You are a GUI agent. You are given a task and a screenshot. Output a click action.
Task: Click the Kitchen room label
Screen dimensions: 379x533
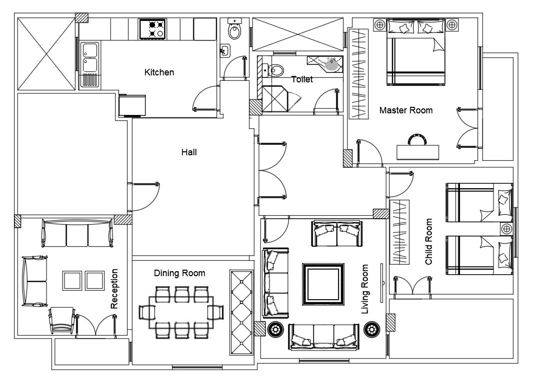pyautogui.click(x=159, y=72)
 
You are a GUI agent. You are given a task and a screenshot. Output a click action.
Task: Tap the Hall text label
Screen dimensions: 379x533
pyautogui.click(x=188, y=152)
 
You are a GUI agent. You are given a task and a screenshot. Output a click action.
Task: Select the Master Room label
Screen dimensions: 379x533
pyautogui.click(x=405, y=110)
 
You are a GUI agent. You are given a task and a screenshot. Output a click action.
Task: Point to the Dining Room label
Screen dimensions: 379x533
pyautogui.click(x=179, y=273)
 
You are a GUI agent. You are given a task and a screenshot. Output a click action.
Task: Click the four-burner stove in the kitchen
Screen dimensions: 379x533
pyautogui.click(x=152, y=29)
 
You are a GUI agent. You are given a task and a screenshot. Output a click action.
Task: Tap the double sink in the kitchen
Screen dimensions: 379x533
pyautogui.click(x=90, y=58)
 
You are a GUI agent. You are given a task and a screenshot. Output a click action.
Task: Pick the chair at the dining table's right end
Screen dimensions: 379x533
pyautogui.click(x=215, y=313)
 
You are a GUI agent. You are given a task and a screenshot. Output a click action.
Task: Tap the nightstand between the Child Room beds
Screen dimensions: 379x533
pyautogui.click(x=506, y=229)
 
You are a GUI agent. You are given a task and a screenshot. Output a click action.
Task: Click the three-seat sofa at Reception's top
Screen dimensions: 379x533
pyautogui.click(x=77, y=234)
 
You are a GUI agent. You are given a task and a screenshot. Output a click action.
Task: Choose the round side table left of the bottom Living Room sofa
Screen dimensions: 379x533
pyautogui.click(x=275, y=330)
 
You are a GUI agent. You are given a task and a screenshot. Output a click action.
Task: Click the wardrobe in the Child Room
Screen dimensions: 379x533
pyautogui.click(x=399, y=232)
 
